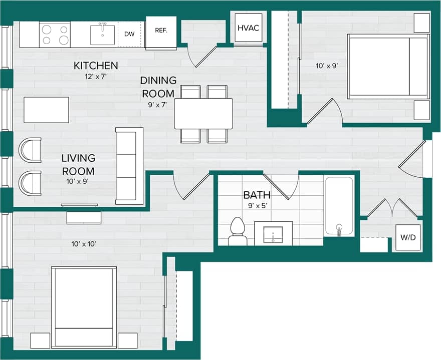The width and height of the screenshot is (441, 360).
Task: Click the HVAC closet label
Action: [249, 28]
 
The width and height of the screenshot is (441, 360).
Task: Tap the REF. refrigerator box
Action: [161, 31]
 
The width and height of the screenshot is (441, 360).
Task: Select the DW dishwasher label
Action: [129, 34]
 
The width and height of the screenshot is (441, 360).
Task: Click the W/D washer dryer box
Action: [407, 238]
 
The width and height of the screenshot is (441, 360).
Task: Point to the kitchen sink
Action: [102, 35]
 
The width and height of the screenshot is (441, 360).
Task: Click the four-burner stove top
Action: [55, 35]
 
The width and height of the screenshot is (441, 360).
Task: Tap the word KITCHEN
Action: [96, 66]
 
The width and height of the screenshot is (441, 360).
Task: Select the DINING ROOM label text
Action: [158, 87]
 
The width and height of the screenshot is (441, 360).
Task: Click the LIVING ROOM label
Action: [78, 164]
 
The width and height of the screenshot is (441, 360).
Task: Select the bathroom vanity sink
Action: [273, 234]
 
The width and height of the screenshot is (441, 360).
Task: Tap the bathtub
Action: [339, 206]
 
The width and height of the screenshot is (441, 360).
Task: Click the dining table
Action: [203, 113]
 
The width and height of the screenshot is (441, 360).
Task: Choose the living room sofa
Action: [129, 166]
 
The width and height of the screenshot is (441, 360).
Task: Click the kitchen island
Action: [46, 110]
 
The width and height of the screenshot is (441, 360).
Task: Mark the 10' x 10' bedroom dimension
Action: [84, 244]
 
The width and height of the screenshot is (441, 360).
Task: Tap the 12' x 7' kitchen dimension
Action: [96, 77]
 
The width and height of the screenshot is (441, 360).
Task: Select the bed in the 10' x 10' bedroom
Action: [84, 307]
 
